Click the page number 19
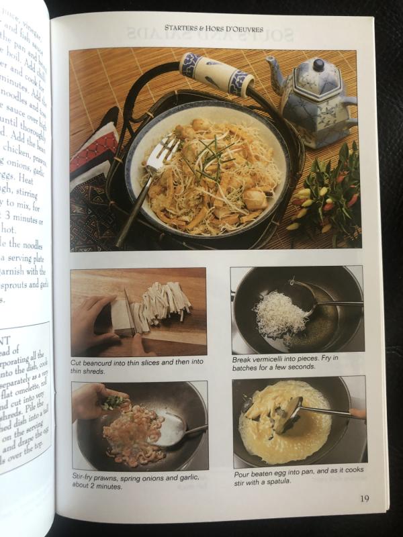coord(363,498)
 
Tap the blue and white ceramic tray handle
coord(216,74)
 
